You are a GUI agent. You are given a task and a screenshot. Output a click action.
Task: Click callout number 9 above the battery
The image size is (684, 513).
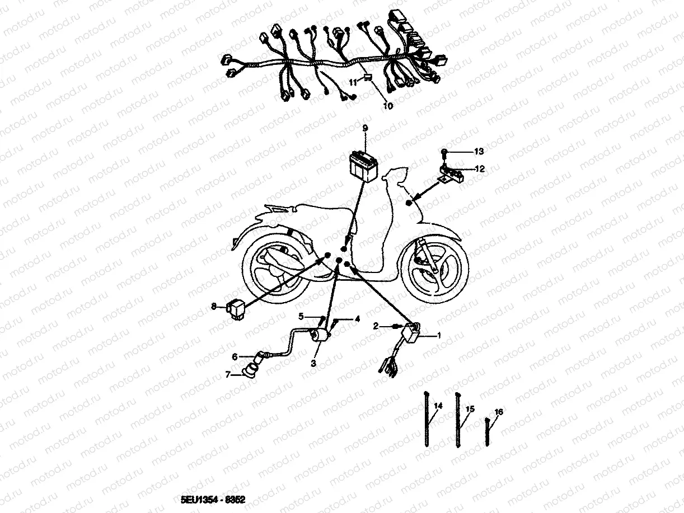point(365,128)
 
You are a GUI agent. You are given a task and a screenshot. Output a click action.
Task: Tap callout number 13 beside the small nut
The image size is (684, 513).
point(479,151)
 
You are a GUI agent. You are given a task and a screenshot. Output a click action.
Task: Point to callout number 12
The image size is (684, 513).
point(480,169)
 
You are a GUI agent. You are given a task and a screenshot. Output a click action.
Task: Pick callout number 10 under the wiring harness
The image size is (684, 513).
point(388,106)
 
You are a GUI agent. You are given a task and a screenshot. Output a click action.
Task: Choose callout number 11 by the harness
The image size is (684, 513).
point(353,83)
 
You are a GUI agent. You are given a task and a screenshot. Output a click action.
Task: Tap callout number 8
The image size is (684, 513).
point(214,307)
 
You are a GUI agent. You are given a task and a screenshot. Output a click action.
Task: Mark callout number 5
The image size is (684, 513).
point(301,317)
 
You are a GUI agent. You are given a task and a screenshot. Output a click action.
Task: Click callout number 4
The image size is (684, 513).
point(358,319)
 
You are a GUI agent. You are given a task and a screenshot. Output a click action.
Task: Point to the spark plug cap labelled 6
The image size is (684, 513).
point(262,357)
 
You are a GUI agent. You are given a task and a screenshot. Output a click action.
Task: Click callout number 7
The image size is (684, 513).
point(228,374)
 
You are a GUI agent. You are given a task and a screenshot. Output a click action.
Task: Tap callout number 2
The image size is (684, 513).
point(376,326)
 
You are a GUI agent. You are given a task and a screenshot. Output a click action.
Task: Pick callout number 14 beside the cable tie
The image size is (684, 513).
point(438,406)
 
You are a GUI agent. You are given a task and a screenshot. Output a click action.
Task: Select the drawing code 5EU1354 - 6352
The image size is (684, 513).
point(213,500)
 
